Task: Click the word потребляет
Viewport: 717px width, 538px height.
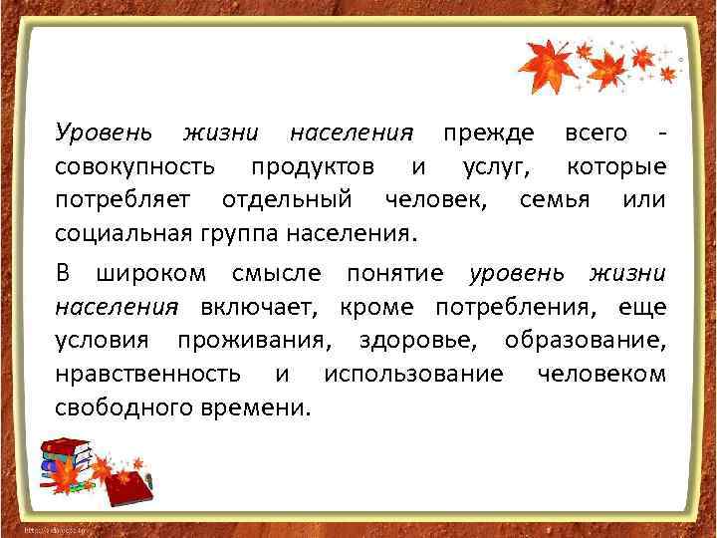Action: point(124,200)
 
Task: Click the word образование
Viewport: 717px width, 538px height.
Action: point(586,340)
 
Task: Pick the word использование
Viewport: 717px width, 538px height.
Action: point(412,374)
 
